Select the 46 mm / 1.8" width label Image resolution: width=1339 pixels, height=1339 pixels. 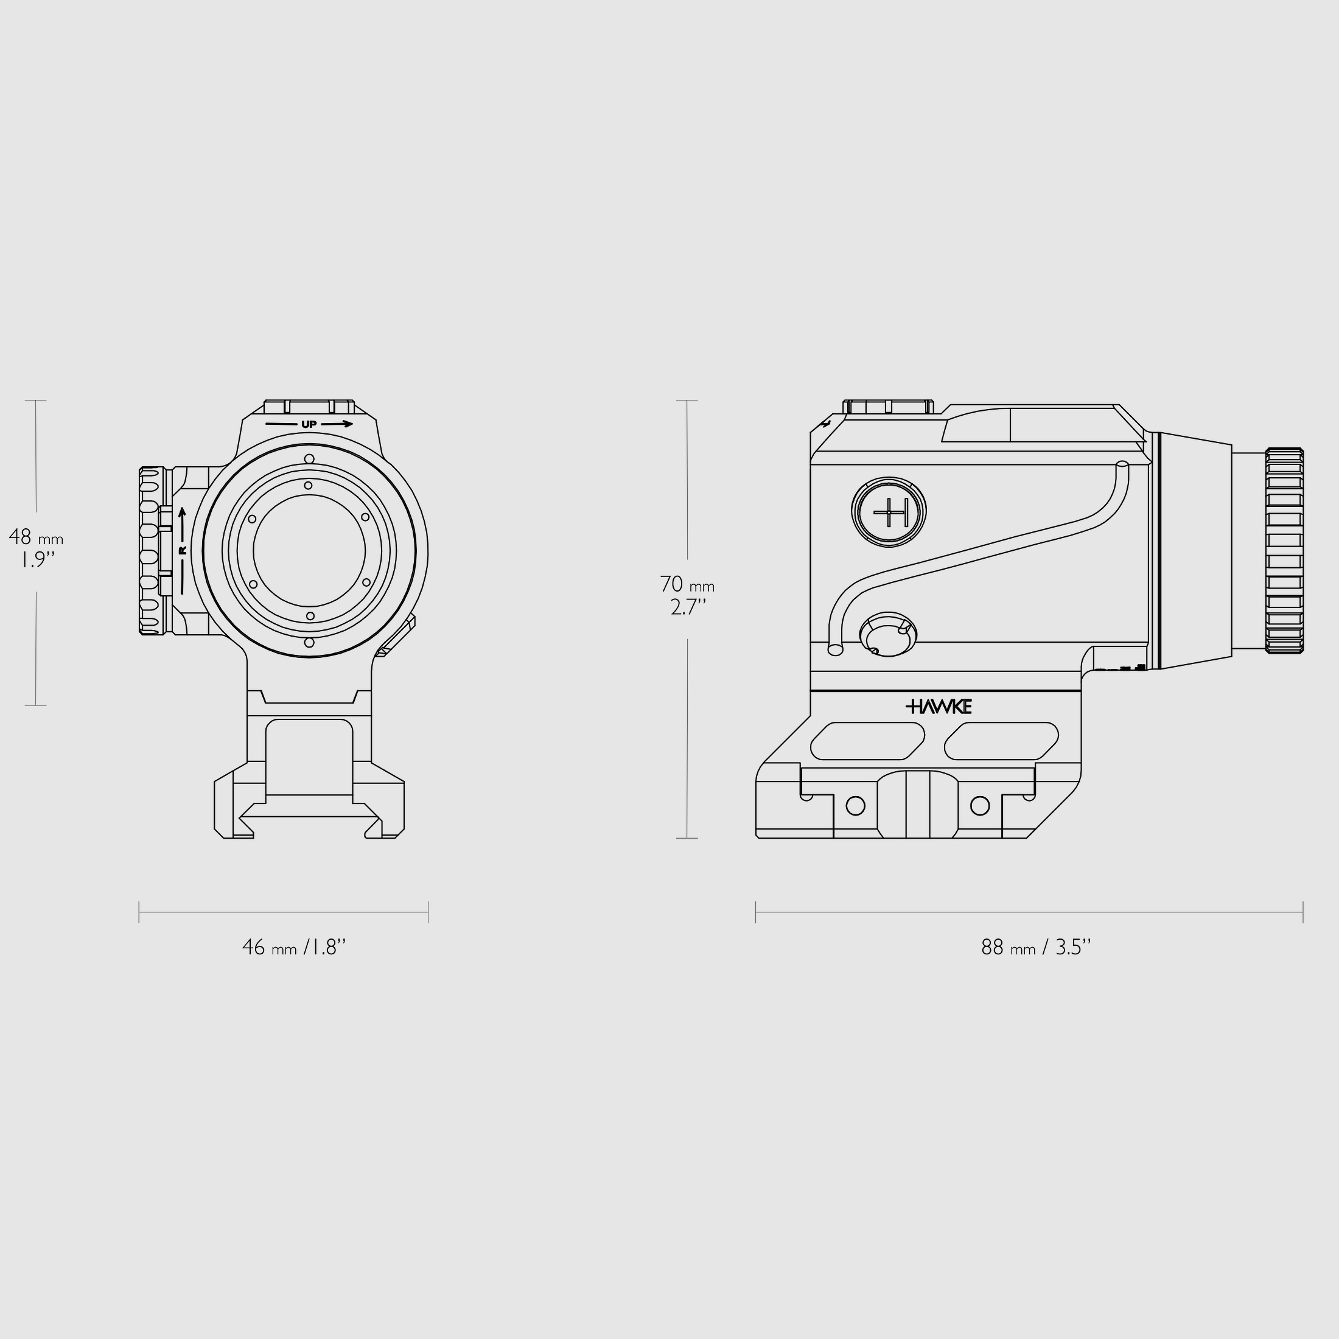click(x=294, y=948)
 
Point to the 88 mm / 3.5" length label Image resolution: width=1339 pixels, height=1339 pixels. click(x=1035, y=948)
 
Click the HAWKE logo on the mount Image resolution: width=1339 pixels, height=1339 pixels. click(x=939, y=706)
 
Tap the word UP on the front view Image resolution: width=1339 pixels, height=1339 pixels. click(x=309, y=424)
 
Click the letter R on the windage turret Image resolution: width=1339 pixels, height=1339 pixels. click(x=183, y=550)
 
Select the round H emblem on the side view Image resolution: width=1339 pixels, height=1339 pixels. click(x=889, y=513)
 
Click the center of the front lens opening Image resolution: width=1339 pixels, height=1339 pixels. click(x=309, y=550)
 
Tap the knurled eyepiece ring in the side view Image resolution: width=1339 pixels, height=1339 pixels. click(x=1284, y=550)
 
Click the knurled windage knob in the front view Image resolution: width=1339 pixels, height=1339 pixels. click(x=150, y=550)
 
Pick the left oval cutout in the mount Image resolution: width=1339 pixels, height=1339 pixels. click(x=867, y=741)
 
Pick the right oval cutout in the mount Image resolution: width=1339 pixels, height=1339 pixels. click(x=1001, y=741)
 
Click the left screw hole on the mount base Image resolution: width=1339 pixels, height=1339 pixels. click(x=856, y=805)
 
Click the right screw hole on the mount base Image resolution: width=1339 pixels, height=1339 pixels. click(x=979, y=805)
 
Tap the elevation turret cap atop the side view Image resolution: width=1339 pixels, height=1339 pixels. click(x=888, y=408)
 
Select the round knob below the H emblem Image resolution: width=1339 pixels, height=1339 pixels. click(x=888, y=634)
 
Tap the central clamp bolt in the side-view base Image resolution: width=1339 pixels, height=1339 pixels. click(x=918, y=804)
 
